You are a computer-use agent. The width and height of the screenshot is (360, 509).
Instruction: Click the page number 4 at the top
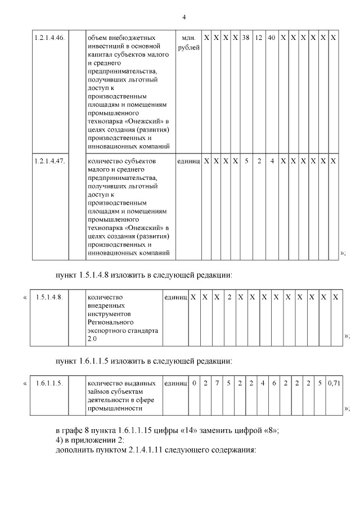(184, 16)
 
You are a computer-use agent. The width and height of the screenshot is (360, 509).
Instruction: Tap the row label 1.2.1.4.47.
(49, 161)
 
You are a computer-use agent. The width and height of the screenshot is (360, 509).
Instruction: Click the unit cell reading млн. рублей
(188, 42)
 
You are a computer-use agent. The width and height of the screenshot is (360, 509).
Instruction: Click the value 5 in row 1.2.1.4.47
(246, 161)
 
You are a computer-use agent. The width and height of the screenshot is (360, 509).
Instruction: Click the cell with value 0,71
(334, 383)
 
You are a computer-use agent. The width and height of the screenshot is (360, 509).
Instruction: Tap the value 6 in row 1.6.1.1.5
(274, 383)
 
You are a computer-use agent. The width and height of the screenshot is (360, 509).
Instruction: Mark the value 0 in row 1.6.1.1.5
(194, 383)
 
